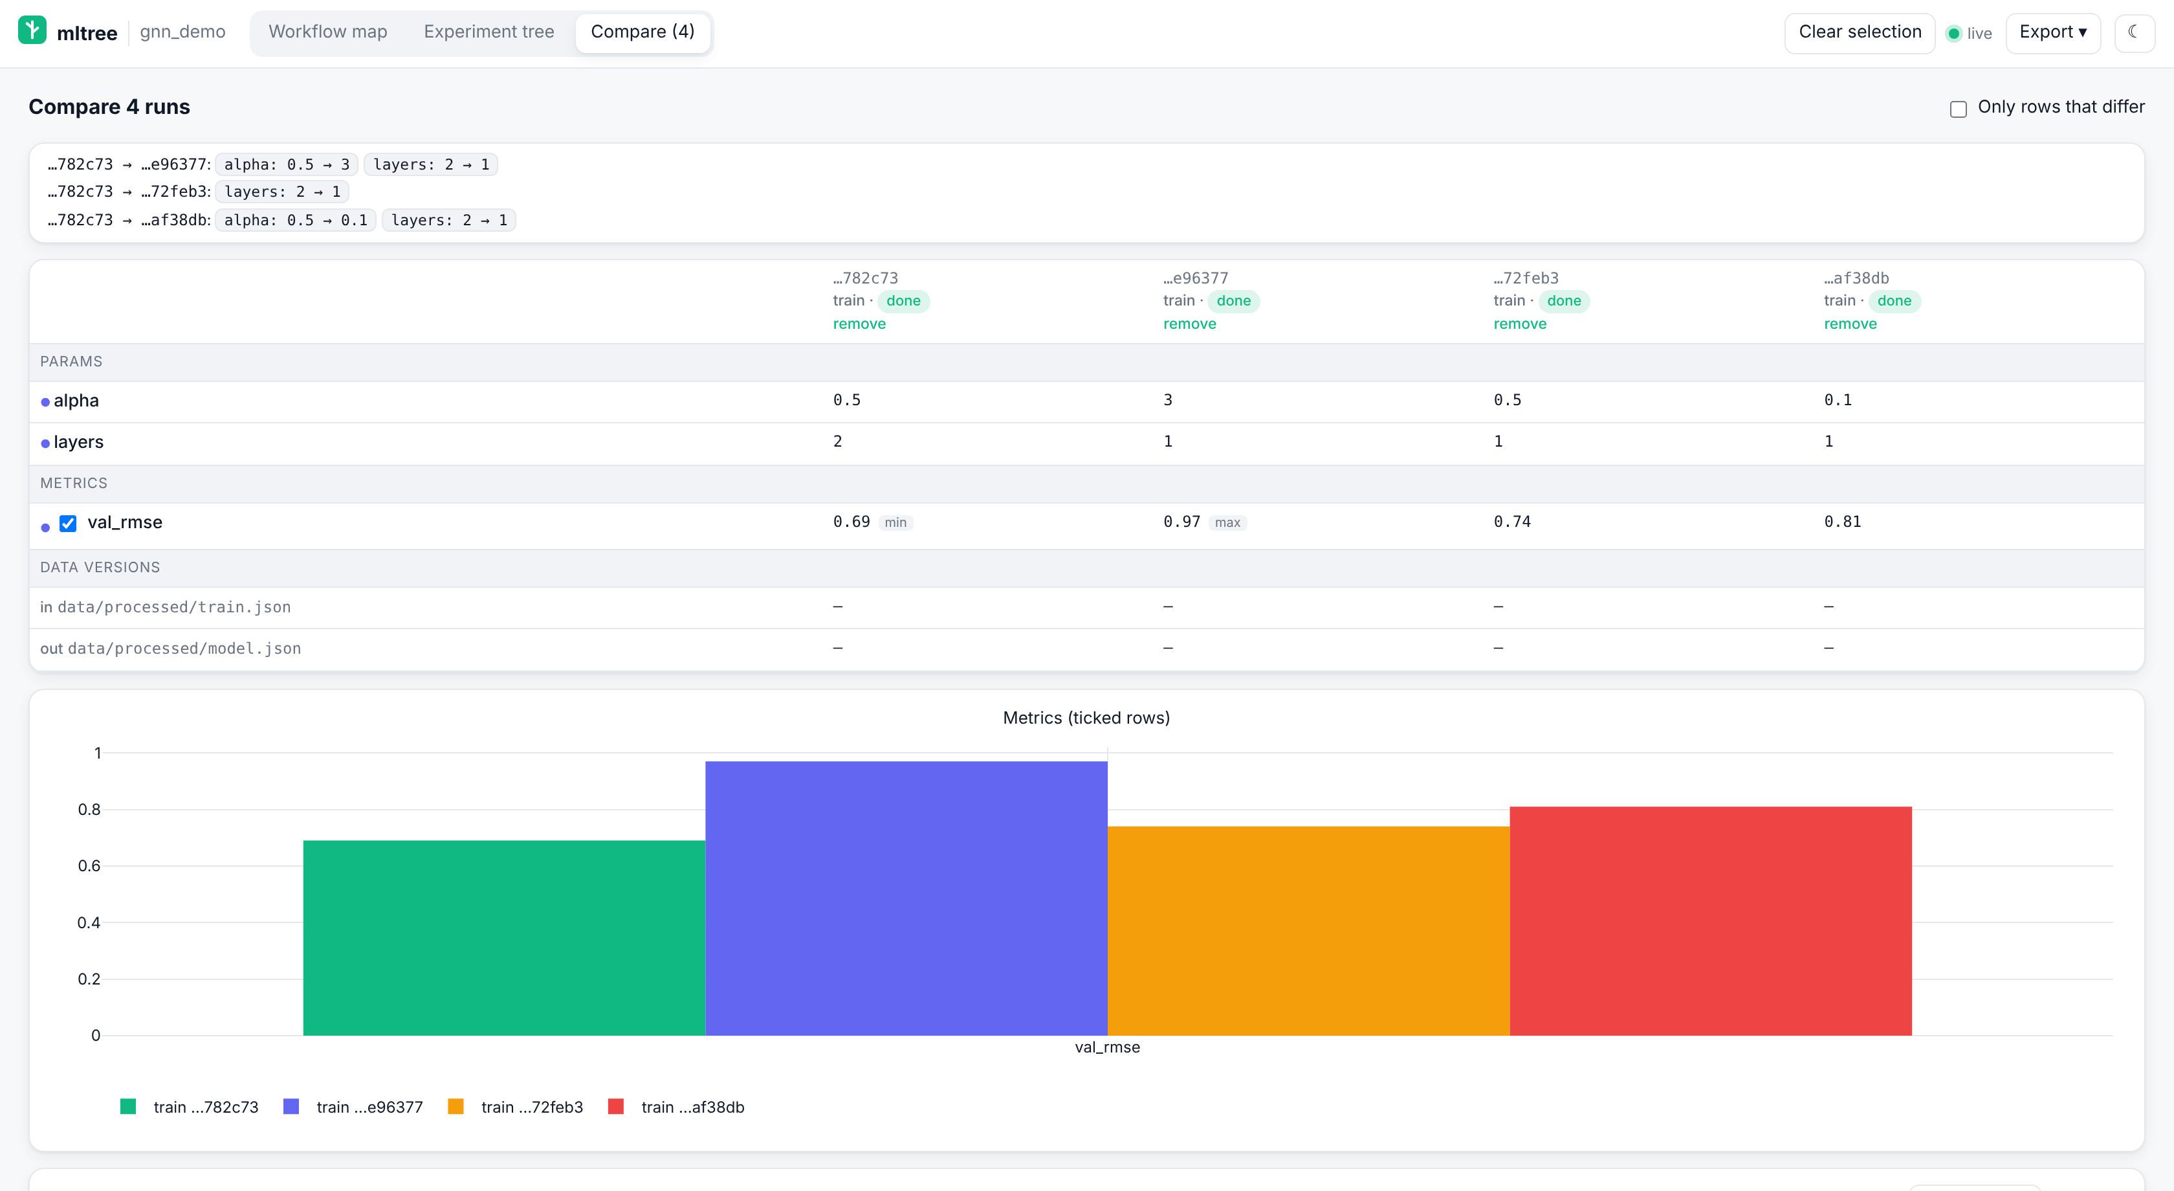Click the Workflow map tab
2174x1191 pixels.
(327, 32)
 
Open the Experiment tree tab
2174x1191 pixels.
(489, 32)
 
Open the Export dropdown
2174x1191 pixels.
(2052, 33)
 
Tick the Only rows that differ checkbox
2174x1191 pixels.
(1958, 109)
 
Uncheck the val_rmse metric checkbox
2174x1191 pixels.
(69, 524)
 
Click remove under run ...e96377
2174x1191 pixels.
(1189, 324)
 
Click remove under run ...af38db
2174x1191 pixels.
(1850, 324)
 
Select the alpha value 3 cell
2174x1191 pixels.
(1168, 400)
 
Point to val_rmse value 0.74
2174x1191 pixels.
(1512, 522)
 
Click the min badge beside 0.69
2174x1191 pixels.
(895, 522)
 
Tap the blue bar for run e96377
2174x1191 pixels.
(906, 898)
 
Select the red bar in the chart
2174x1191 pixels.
(1711, 921)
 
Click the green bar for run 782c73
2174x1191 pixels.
(504, 938)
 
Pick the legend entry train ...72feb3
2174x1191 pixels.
(516, 1107)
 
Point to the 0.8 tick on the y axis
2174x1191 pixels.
(89, 810)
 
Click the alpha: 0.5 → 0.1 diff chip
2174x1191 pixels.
(296, 220)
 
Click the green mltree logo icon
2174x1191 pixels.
(32, 30)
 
